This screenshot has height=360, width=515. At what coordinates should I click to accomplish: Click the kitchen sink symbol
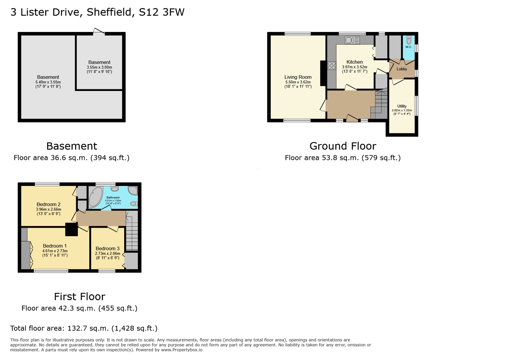[x=352, y=40]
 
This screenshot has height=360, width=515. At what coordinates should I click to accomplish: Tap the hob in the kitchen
[x=332, y=66]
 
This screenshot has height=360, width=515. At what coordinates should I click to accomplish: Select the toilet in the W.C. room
[x=409, y=40]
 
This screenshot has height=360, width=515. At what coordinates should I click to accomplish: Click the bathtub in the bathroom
[x=96, y=197]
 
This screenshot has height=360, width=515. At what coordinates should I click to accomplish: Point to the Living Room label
[x=298, y=77]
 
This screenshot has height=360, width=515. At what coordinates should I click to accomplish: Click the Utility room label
[x=402, y=106]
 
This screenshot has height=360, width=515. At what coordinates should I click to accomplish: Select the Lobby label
[x=402, y=69]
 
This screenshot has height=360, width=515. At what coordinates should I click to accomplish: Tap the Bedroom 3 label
[x=107, y=248]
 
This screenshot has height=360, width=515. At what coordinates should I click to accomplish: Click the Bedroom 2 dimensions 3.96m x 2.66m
[x=48, y=209]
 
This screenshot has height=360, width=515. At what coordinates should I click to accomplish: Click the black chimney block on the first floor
[x=71, y=229]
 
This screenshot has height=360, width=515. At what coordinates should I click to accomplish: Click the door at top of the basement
[x=99, y=32]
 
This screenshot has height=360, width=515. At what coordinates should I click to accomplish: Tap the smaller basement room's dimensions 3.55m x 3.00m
[x=99, y=67]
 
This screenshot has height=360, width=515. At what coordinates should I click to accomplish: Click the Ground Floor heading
[x=343, y=146]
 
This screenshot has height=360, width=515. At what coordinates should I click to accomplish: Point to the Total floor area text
[x=84, y=328]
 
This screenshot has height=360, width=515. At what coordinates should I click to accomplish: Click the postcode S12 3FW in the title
[x=161, y=12]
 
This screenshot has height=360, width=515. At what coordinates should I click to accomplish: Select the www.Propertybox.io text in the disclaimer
[x=181, y=350]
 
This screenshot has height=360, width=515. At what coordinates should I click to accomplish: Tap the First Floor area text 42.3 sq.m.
[x=79, y=308]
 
